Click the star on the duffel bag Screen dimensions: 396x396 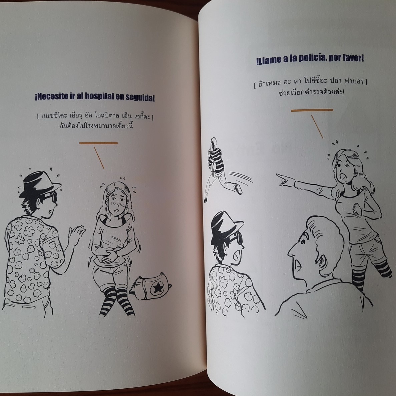(157, 287)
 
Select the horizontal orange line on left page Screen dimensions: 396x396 (98, 143)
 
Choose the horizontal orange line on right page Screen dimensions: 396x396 (312, 110)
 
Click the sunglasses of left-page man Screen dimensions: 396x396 (52, 197)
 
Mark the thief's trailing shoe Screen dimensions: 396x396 (238, 189)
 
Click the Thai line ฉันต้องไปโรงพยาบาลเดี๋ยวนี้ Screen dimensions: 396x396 (96, 125)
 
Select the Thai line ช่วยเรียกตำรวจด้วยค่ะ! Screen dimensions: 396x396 (311, 92)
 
